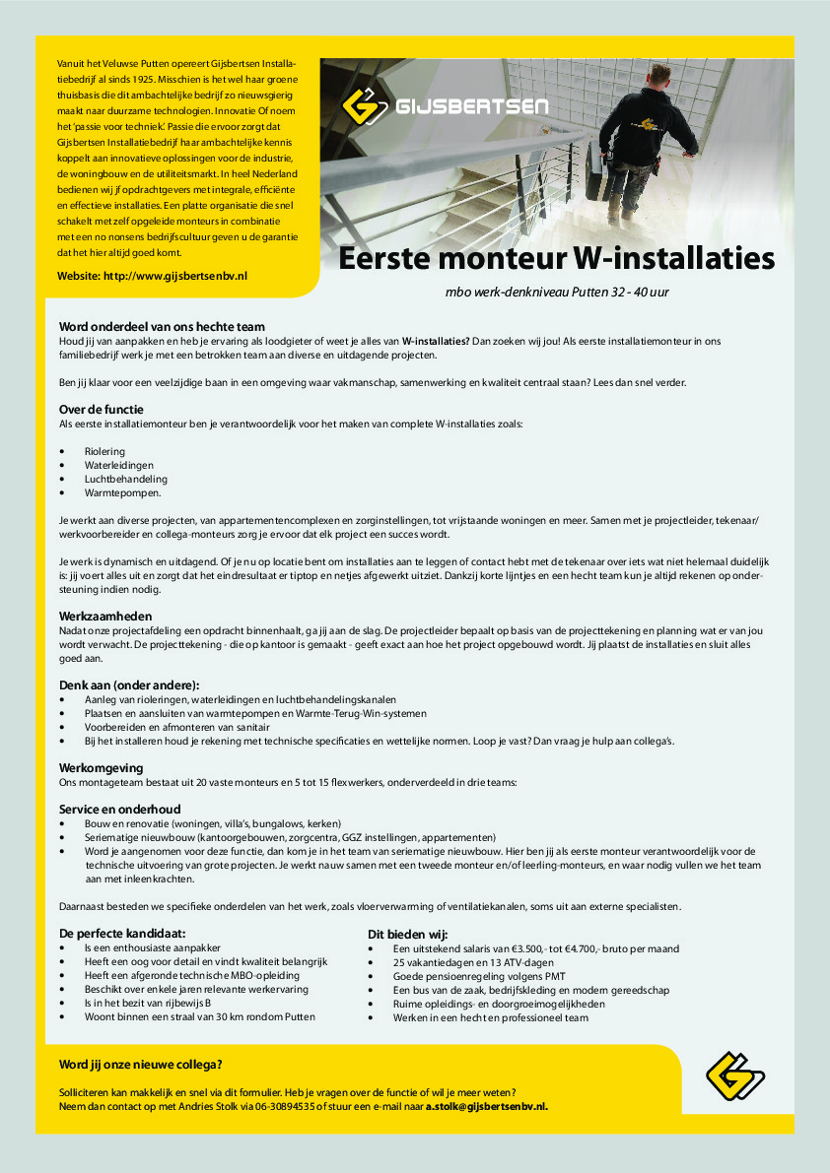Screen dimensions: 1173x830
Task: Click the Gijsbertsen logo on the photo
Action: pos(444,106)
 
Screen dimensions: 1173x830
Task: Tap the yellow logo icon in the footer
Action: pos(734,1076)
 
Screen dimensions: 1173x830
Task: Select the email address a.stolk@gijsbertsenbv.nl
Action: pos(486,1106)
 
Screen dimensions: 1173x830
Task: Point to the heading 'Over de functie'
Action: pos(102,409)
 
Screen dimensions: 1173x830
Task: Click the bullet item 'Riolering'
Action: pos(104,451)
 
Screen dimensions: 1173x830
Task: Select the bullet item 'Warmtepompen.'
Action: pos(122,491)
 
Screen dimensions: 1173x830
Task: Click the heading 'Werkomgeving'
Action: pos(102,767)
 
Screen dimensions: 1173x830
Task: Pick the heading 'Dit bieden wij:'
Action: pos(407,934)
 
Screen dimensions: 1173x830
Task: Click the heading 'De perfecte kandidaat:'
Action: pos(122,934)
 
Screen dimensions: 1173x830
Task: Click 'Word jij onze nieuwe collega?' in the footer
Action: pos(141,1064)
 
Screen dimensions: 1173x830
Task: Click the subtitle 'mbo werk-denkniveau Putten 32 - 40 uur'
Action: pos(557,293)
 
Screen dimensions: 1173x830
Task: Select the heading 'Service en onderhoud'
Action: pos(119,809)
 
